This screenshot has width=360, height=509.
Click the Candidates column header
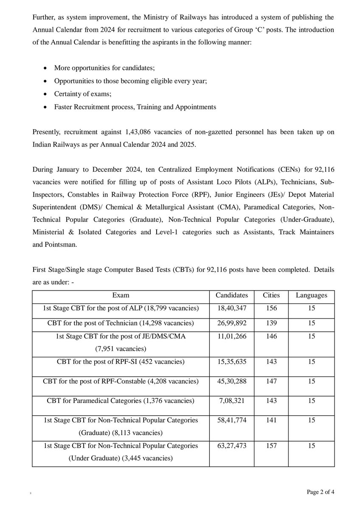[x=231, y=295]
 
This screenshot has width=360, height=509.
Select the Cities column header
[x=271, y=295]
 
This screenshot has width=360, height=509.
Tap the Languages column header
[x=312, y=295]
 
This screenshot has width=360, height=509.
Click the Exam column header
[x=121, y=295]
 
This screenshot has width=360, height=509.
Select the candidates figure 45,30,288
[x=231, y=381]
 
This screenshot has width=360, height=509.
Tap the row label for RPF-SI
[x=121, y=362]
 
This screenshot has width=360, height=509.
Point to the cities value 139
[x=271, y=323]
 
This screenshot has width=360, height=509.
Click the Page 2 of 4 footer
[x=321, y=492]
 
